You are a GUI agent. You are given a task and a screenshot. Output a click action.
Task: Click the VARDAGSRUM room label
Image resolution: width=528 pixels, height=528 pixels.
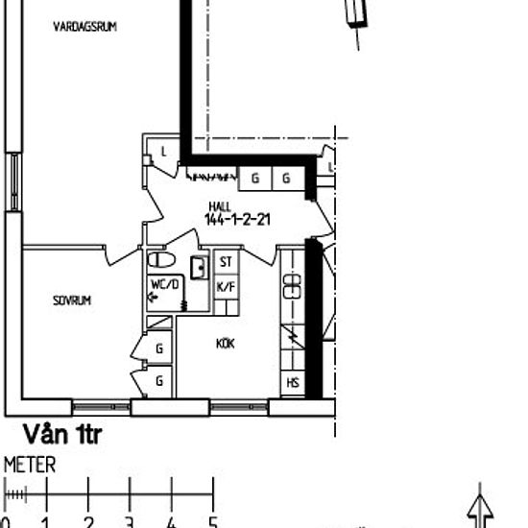85,28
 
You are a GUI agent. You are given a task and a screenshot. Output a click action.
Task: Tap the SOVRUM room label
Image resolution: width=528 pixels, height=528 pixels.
72,300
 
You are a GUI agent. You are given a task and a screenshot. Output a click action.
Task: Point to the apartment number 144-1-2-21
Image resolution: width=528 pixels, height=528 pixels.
236,219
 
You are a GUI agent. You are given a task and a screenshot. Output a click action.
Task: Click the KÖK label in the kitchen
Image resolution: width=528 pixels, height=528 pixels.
226,343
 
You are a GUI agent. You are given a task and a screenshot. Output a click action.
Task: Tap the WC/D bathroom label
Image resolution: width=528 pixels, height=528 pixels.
164,285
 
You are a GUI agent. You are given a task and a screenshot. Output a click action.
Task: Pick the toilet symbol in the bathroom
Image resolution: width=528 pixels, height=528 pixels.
160,260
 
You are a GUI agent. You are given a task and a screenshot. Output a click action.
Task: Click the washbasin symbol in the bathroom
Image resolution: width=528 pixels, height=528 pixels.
200,267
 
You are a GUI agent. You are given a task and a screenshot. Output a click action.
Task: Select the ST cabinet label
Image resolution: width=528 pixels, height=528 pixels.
227,262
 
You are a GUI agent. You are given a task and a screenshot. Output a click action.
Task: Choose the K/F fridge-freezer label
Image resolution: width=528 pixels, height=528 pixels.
227,286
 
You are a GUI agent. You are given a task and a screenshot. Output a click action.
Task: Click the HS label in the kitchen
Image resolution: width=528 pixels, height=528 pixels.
293,383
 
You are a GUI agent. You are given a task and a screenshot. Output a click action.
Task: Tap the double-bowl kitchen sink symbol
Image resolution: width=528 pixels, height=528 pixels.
293,284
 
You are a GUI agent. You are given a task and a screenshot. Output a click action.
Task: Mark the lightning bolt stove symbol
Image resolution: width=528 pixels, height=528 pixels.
293,337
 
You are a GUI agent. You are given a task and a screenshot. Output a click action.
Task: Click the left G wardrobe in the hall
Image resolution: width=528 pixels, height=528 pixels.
256,178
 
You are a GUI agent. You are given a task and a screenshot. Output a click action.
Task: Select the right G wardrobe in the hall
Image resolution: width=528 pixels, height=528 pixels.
286,178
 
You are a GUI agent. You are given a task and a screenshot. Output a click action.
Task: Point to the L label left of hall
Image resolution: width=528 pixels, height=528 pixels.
164,152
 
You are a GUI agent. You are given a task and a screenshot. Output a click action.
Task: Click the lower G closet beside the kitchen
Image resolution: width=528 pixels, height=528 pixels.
159,381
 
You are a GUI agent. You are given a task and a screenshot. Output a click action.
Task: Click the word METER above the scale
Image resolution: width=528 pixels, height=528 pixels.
31,466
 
